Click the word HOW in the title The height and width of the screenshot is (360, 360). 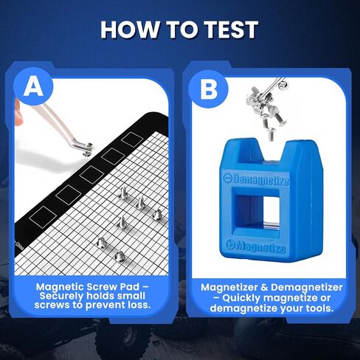pyautogui.click(x=130, y=30)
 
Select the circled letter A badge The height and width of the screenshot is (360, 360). pyautogui.click(x=34, y=86)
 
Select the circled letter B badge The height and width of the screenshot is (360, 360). pyautogui.click(x=209, y=89)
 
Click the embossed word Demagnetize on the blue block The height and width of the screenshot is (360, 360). pyautogui.click(x=256, y=180)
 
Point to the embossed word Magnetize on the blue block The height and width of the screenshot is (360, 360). pyautogui.click(x=256, y=246)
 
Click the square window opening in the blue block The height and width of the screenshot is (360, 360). pyautogui.click(x=256, y=212)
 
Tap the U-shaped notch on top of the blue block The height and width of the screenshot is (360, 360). pyautogui.click(x=271, y=151)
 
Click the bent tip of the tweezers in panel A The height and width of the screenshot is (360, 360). pyautogui.click(x=85, y=148)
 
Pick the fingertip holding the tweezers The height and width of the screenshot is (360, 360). pyautogui.click(x=18, y=112)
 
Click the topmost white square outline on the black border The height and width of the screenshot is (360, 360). pyautogui.click(x=132, y=139)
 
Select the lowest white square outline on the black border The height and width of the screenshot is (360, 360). pyautogui.click(x=43, y=217)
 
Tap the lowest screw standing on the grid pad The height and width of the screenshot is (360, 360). pyautogui.click(x=120, y=256)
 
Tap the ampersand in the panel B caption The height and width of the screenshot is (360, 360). pyautogui.click(x=264, y=288)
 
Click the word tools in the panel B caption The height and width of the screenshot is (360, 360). pyautogui.click(x=319, y=308)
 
